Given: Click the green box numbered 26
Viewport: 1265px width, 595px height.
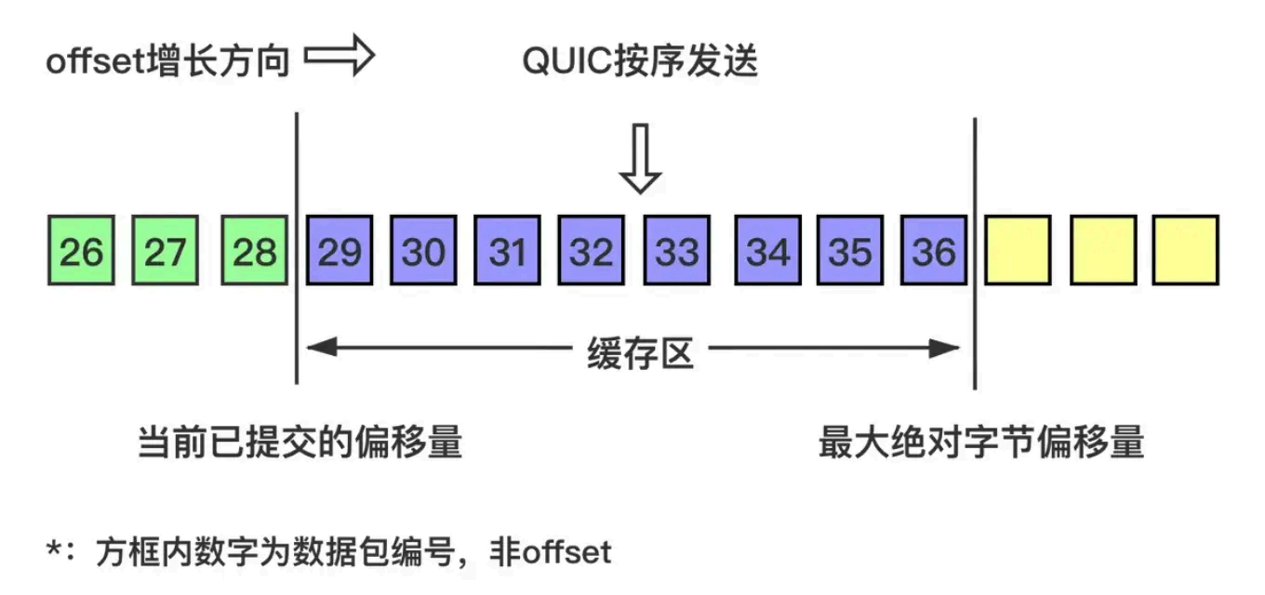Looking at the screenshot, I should (x=80, y=250).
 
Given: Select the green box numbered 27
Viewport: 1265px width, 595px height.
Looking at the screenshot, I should (x=166, y=250).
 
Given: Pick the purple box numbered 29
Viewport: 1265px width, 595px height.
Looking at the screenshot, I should (x=340, y=250).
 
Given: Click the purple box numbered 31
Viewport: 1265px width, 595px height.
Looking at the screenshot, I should (x=508, y=250).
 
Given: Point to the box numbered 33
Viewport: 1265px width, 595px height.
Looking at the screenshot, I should (x=677, y=250).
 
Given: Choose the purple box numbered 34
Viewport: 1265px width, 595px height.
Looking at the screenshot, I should (x=767, y=250).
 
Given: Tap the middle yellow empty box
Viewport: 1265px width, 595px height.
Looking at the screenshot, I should (x=1103, y=250).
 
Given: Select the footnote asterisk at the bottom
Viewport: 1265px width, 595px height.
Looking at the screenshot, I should (x=53, y=550).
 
